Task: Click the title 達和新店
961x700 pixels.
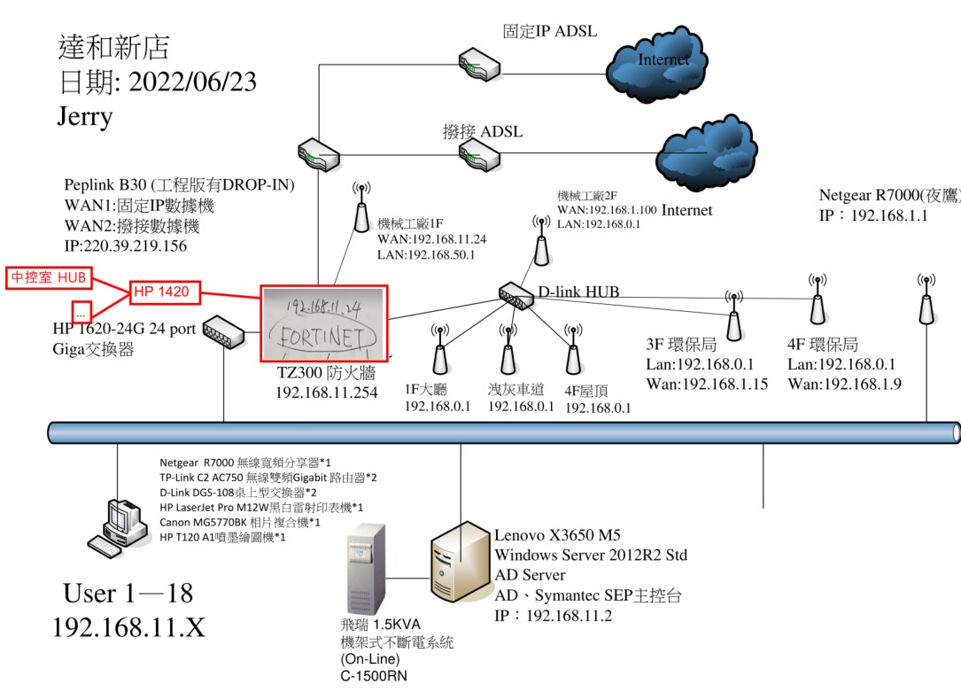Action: tap(113, 46)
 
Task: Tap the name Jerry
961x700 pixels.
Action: tap(85, 116)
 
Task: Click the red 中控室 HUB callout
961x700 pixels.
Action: tap(49, 277)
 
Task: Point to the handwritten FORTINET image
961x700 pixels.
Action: tap(324, 323)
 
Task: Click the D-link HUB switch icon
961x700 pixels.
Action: tap(516, 295)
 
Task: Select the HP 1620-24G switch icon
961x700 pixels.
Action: tap(221, 330)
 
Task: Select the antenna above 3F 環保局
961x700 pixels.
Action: tap(733, 316)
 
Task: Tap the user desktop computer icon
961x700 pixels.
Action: tap(116, 527)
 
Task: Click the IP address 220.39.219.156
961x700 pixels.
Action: tap(126, 246)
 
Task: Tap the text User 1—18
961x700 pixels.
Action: tap(128, 593)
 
